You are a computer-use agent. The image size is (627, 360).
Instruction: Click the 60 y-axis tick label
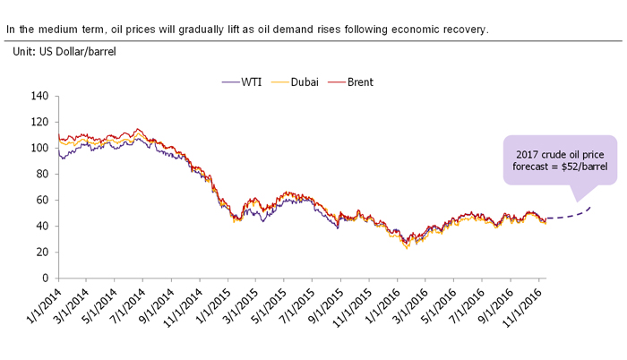[x=40, y=200]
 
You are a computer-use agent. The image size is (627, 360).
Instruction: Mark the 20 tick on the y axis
[x=40, y=253]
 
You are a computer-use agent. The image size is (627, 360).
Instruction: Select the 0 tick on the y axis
[x=43, y=279]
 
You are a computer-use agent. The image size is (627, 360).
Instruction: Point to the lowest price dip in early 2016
[x=408, y=248]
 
